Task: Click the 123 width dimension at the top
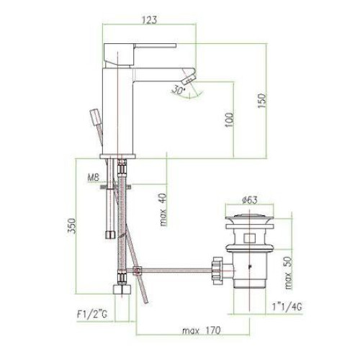[x=150, y=19]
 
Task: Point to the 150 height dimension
[x=262, y=101]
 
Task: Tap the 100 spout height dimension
[x=230, y=120]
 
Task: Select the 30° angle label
[x=179, y=90]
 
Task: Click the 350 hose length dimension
[x=72, y=225]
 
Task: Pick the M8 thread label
[x=93, y=178]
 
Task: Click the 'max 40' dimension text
[x=163, y=210]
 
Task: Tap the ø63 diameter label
[x=250, y=199]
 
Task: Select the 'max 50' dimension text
[x=288, y=273]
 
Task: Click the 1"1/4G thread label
[x=287, y=307]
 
